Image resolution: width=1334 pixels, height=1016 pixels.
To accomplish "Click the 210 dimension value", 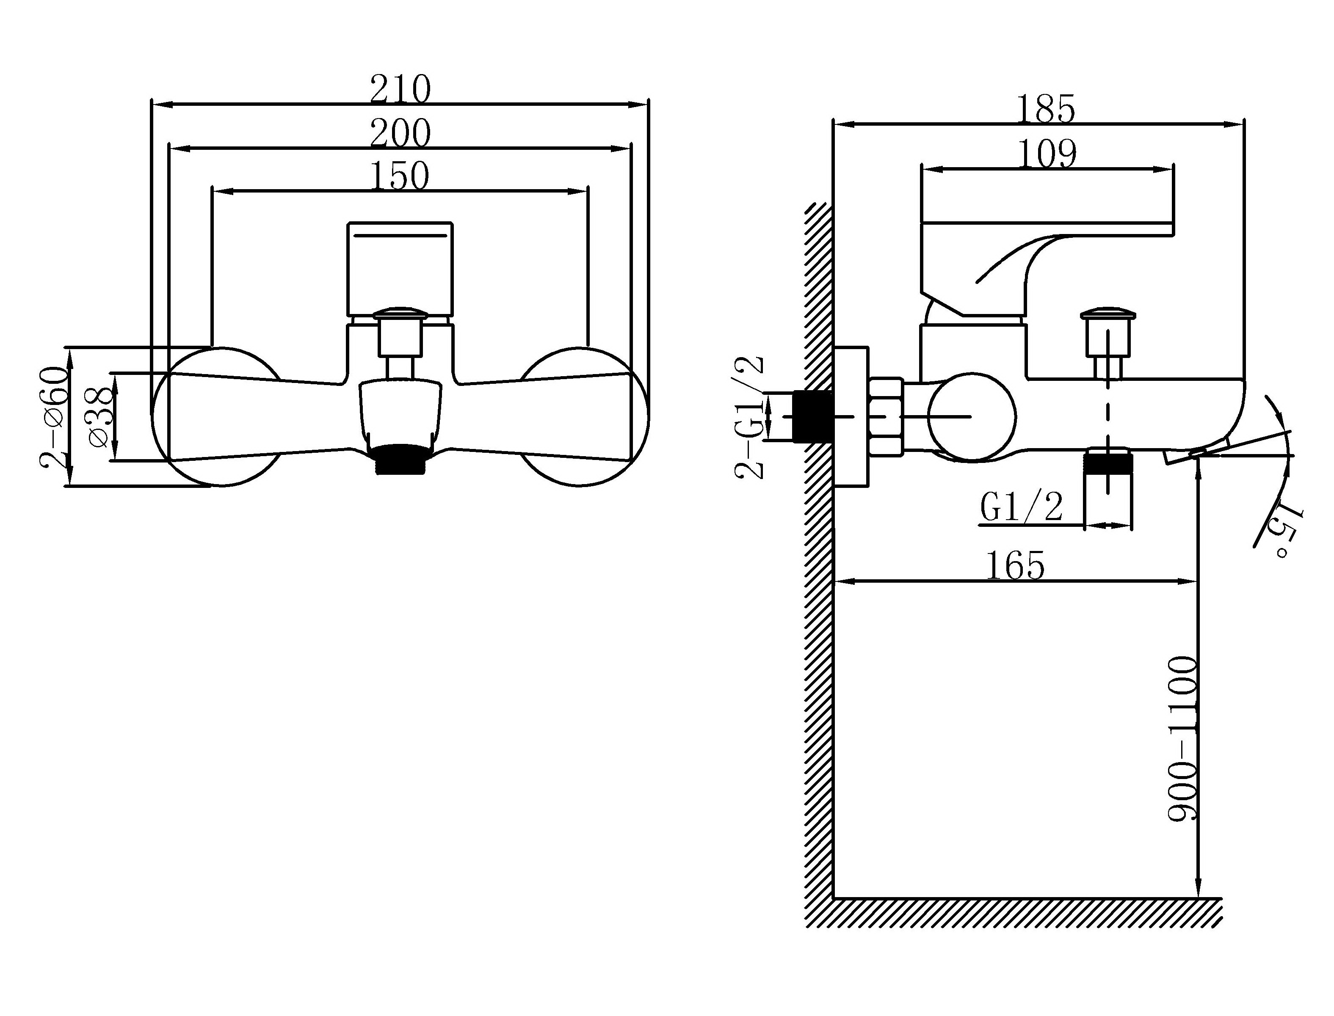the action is coord(400,90).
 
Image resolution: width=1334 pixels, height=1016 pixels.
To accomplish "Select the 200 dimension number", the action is coord(400,133).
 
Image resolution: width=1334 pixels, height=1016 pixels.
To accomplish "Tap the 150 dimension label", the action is coord(399,176).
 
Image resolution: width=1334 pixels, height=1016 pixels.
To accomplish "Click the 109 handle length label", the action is coord(1048,154).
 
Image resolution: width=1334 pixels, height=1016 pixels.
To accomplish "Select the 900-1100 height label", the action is coord(1182,738).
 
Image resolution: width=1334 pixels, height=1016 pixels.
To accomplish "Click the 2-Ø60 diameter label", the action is coord(53,417).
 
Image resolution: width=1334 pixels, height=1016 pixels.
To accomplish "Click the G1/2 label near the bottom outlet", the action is coord(1021,507).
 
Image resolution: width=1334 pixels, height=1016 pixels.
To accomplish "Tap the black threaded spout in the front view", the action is coord(400,459).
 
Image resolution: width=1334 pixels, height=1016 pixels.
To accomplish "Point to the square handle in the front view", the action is coord(400,270).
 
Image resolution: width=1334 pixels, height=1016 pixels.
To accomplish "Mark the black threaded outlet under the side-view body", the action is coord(1108,463).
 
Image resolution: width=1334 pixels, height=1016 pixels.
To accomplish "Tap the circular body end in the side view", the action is coord(972,417).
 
